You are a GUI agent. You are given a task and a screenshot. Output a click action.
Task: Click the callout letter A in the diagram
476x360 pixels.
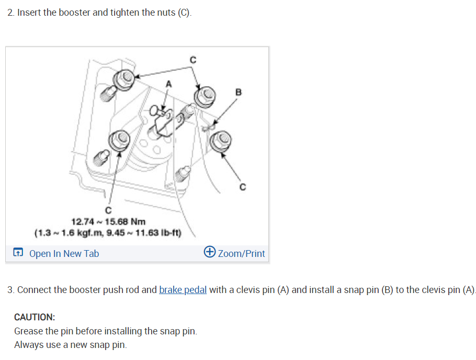(168, 83)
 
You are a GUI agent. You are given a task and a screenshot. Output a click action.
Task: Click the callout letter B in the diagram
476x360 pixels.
(239, 92)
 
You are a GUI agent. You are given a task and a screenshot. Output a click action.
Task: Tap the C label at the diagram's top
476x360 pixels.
(192, 60)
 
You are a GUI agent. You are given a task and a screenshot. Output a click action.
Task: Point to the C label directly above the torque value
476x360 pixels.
(108, 210)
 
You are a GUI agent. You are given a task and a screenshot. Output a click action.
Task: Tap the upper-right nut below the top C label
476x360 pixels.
(205, 95)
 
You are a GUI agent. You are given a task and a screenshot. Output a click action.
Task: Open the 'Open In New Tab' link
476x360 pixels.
(64, 254)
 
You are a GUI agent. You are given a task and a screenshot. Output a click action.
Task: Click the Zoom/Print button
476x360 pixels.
(241, 254)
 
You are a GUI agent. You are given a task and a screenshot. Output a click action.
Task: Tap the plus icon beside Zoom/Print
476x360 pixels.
(210, 253)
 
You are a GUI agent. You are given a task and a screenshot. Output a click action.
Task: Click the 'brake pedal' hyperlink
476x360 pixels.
(183, 290)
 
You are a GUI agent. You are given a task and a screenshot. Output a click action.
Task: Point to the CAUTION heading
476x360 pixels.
(35, 317)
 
